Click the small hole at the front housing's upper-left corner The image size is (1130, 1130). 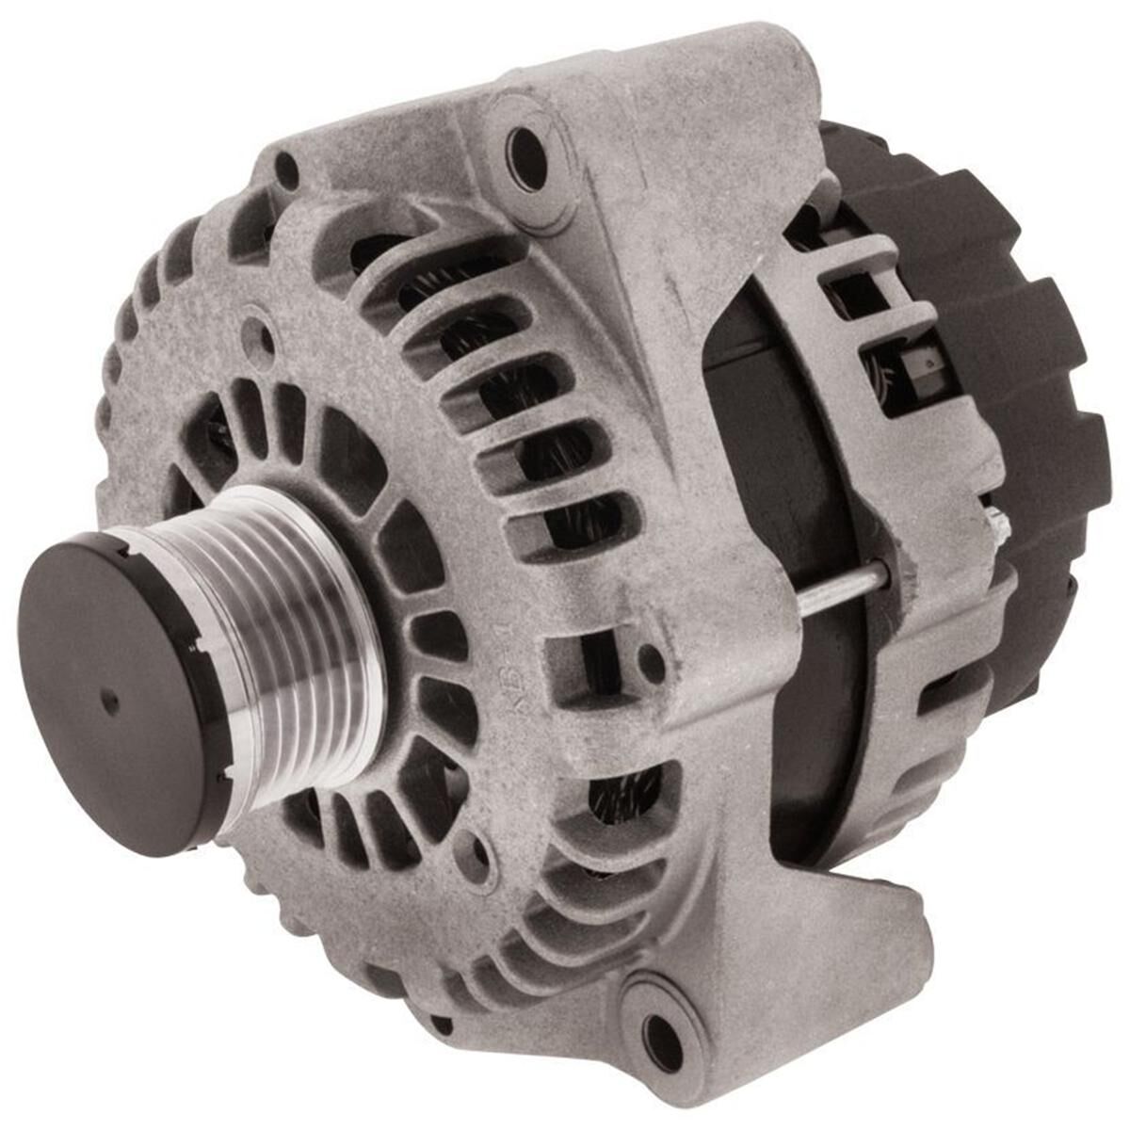click(x=286, y=169)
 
